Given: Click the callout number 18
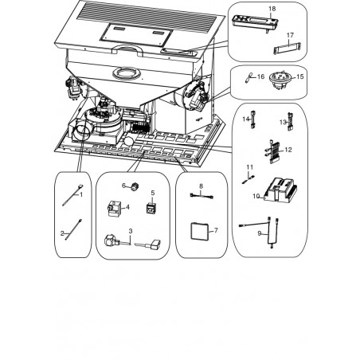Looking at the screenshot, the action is [x=272, y=9].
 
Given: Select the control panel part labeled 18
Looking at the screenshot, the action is [x=255, y=22].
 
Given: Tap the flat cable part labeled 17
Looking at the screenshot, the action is [x=288, y=48].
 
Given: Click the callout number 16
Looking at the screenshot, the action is [x=261, y=76].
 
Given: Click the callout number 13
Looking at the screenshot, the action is [x=283, y=122].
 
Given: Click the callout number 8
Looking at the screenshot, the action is [x=201, y=186].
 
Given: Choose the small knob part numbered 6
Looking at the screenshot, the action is [x=135, y=187].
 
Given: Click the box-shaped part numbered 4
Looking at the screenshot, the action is [x=115, y=209].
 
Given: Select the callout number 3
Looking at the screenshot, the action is [x=131, y=231].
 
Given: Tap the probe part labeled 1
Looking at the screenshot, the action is [x=72, y=194].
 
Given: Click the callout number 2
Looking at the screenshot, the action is [x=62, y=233].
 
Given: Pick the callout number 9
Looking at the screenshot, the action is [x=260, y=233].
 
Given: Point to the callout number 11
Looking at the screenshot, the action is [x=250, y=167].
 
